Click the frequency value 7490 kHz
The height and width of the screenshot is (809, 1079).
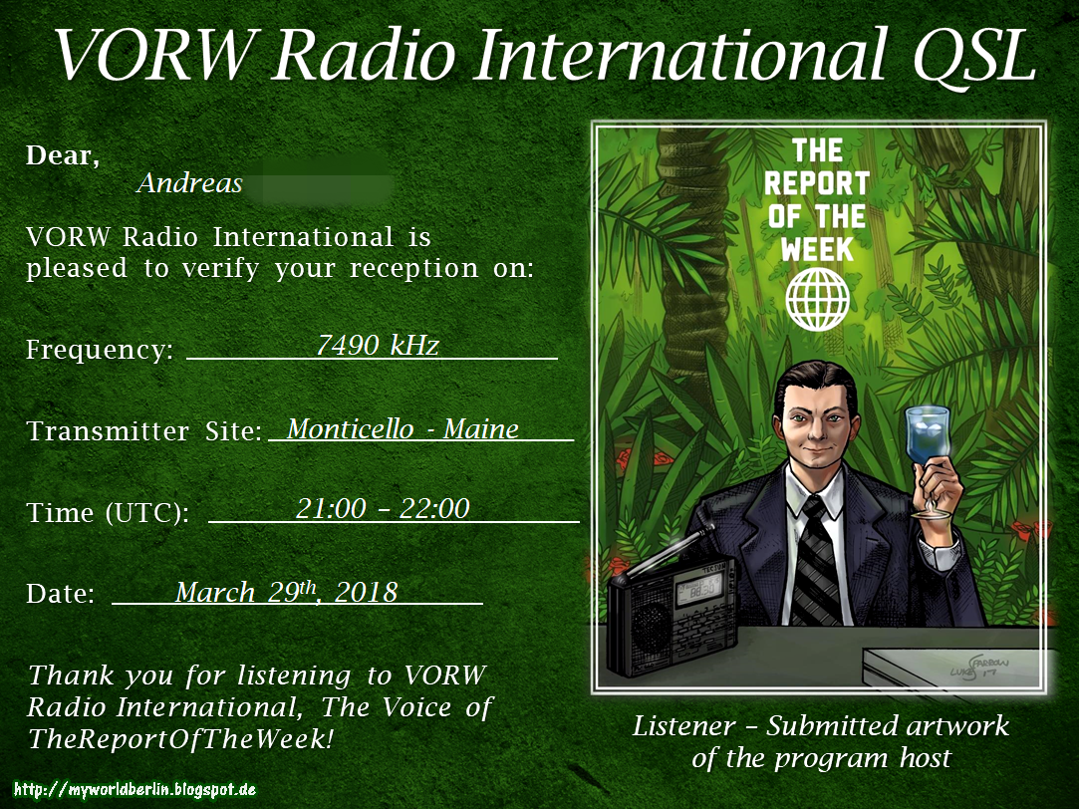(x=377, y=345)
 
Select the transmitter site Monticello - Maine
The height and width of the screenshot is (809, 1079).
(x=403, y=428)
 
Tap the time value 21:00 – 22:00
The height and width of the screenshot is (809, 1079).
(x=383, y=508)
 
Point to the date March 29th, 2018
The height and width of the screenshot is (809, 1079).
(x=286, y=592)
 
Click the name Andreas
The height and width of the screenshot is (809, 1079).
(x=189, y=183)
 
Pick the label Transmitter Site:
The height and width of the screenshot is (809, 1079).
(x=144, y=431)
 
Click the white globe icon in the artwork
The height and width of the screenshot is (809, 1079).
(x=817, y=298)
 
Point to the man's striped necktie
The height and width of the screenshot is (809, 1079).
(x=818, y=558)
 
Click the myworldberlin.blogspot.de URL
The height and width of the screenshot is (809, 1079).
(x=135, y=790)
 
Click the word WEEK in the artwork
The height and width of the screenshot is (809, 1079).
(x=817, y=247)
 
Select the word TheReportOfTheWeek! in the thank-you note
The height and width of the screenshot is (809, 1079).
(x=179, y=739)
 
